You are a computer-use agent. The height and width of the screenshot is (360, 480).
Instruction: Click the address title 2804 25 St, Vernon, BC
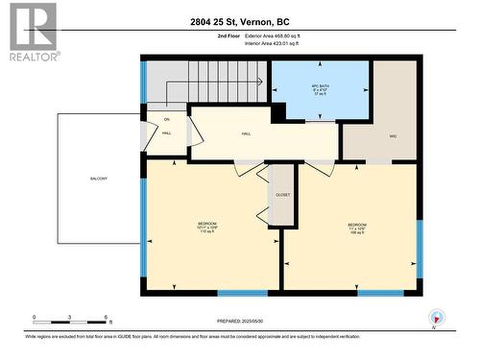click(x=240, y=21)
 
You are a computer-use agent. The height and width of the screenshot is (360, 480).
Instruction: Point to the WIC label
click(x=393, y=137)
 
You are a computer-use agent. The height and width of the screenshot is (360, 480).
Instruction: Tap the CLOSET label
click(x=282, y=195)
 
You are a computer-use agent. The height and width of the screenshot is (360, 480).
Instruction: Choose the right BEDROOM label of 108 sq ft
click(x=356, y=228)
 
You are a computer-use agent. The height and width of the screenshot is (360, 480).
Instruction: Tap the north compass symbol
click(x=437, y=318)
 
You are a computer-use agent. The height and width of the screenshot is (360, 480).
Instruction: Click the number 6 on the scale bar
click(x=106, y=317)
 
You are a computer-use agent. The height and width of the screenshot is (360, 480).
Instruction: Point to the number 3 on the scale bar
click(x=70, y=317)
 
